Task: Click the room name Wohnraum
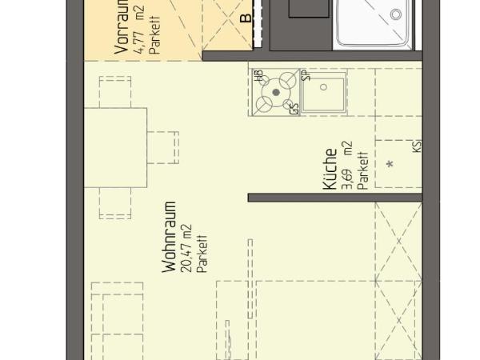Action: click(169, 238)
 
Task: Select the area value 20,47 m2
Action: click(186, 248)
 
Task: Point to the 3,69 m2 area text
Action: click(346, 166)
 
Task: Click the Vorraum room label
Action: click(122, 28)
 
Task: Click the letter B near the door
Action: click(246, 16)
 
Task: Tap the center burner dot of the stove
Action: click(277, 93)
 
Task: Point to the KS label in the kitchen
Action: click(417, 146)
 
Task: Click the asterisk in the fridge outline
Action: click(390, 165)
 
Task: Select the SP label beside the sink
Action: click(305, 76)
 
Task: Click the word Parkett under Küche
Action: click(362, 170)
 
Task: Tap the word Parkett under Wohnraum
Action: click(202, 250)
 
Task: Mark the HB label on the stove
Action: click(258, 77)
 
